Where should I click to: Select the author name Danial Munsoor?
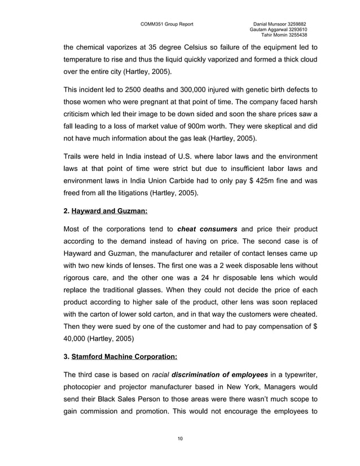[271, 24]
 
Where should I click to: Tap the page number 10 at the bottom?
[179, 438]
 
